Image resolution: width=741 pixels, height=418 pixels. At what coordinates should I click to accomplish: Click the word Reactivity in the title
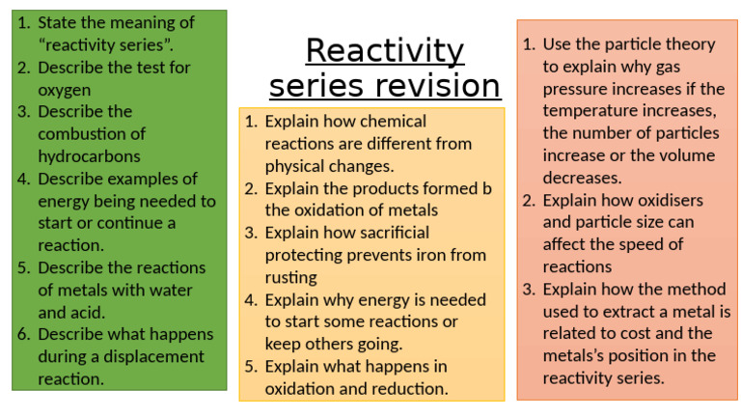pyautogui.click(x=385, y=50)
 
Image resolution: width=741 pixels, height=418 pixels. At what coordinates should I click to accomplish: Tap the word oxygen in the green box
pyautogui.click(x=65, y=90)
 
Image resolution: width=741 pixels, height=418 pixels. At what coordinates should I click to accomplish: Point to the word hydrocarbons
pyautogui.click(x=89, y=156)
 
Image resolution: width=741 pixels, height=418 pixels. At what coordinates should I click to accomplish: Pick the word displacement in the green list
pyautogui.click(x=142, y=356)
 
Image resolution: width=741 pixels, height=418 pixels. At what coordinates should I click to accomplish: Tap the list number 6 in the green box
pyautogui.click(x=23, y=334)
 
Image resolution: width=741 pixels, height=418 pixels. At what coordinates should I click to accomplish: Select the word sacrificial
pyautogui.click(x=387, y=233)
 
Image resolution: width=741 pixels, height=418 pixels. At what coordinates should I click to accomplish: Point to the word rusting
pyautogui.click(x=291, y=277)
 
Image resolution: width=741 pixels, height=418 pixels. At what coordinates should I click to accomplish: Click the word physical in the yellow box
pyautogui.click(x=296, y=166)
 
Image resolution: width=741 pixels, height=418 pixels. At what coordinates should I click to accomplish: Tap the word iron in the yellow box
pyautogui.click(x=435, y=255)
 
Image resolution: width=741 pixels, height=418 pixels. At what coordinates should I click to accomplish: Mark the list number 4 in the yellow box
pyautogui.click(x=250, y=299)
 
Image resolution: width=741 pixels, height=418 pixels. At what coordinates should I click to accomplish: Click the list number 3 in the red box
pyautogui.click(x=529, y=289)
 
